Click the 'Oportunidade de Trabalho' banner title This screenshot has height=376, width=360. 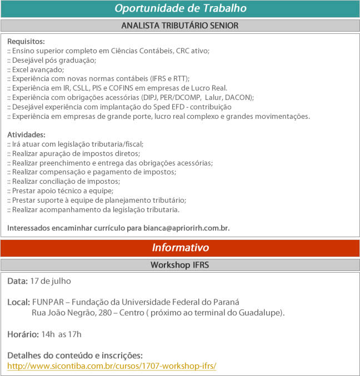click(x=180, y=8)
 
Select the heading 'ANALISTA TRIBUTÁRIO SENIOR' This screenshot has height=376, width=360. click(x=180, y=26)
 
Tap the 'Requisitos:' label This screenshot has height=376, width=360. click(x=26, y=42)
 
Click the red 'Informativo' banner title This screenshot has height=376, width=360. click(x=180, y=248)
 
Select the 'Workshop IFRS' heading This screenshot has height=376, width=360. click(x=180, y=265)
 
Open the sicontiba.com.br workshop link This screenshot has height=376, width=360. click(x=111, y=366)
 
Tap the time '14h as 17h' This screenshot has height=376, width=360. click(x=61, y=334)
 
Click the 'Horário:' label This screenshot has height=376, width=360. click(x=23, y=334)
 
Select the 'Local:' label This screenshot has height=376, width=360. click(x=18, y=302)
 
